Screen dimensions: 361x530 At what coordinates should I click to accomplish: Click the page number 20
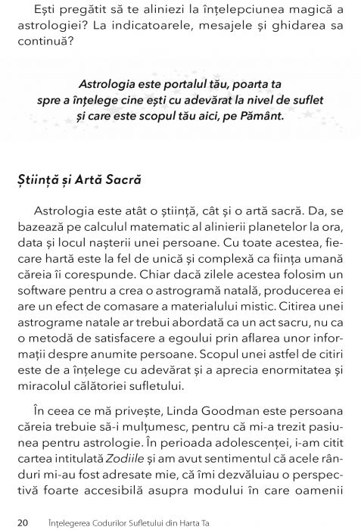pyautogui.click(x=23, y=522)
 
